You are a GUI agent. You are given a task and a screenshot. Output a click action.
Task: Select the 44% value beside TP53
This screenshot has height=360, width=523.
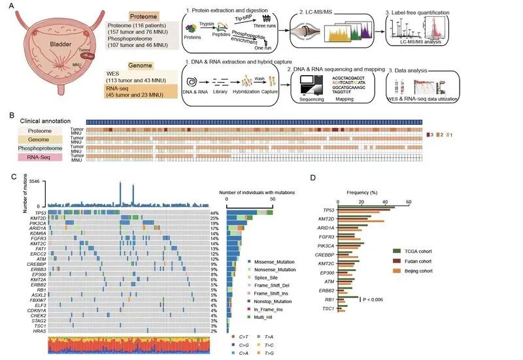[214, 213]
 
